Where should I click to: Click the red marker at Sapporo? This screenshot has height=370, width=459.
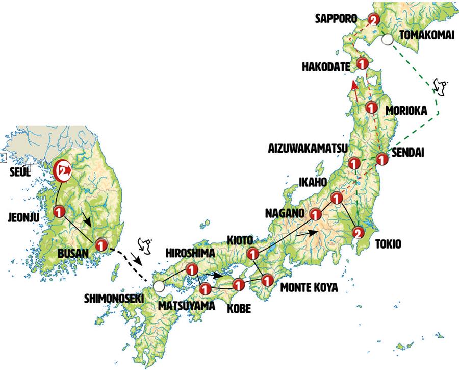(x=374, y=20)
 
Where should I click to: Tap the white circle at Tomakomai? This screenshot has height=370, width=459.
(x=388, y=39)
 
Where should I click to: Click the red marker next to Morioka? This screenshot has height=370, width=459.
(x=371, y=108)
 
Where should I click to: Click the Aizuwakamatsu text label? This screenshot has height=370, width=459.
(x=308, y=149)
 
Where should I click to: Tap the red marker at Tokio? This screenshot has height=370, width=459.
(x=359, y=234)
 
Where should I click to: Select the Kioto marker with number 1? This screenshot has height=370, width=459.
(x=252, y=253)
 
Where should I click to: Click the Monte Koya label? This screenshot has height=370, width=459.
(x=309, y=288)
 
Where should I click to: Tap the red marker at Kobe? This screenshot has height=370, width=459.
(x=238, y=284)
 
